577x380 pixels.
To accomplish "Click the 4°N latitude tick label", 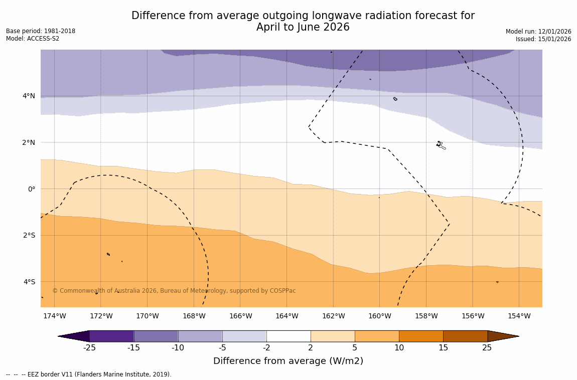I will [x=29, y=96].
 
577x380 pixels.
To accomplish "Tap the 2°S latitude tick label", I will [x=29, y=235].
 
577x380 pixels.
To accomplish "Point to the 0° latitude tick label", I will [x=31, y=189].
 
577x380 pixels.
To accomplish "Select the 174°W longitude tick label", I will [x=54, y=316].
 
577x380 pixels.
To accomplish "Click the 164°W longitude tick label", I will [x=286, y=316].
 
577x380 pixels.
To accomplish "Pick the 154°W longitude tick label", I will [x=519, y=316].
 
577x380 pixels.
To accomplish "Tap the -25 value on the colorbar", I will [x=89, y=348].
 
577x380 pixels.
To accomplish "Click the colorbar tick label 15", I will [x=443, y=348].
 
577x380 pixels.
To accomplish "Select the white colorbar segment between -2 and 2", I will [x=288, y=336].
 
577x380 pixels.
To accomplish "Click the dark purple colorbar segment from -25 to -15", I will [x=111, y=336].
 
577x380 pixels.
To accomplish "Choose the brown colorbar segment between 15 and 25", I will [x=465, y=336].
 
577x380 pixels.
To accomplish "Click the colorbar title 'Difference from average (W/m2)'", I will [x=288, y=361].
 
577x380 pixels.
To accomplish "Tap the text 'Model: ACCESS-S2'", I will [x=33, y=39].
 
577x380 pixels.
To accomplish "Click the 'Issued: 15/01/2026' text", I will [x=543, y=39].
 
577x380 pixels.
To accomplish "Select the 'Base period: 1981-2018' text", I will [x=41, y=31].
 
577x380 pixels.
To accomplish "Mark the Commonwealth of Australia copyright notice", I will [x=174, y=291].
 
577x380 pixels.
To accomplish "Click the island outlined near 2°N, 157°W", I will [x=440, y=145].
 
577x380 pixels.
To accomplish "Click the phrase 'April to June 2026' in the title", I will [x=303, y=27].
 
